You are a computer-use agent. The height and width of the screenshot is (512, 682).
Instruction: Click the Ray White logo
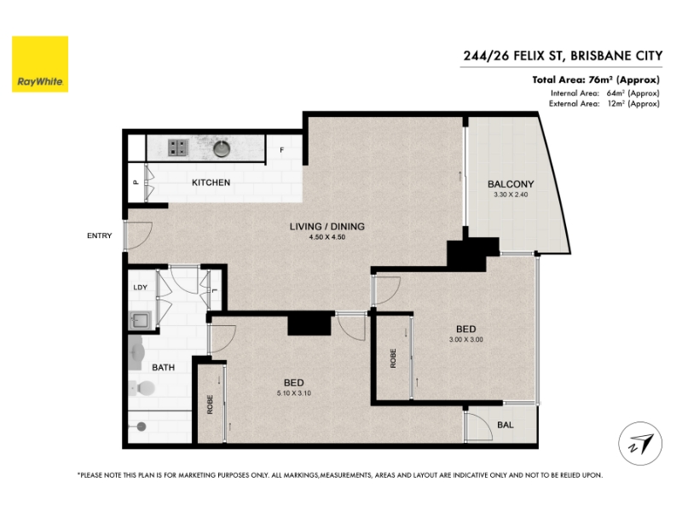pyautogui.click(x=40, y=64)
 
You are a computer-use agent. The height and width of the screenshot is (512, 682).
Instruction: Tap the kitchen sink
pyautogui.click(x=222, y=148)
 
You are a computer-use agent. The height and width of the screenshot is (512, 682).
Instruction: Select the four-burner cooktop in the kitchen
pyautogui.click(x=178, y=148)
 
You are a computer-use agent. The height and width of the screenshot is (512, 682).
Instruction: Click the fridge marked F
pyautogui.click(x=282, y=150)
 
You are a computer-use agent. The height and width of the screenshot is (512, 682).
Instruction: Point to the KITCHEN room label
pyautogui.click(x=211, y=183)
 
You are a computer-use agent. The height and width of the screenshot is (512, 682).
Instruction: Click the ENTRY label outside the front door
pyautogui.click(x=99, y=236)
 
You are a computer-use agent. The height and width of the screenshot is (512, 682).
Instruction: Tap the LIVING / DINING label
pyautogui.click(x=327, y=226)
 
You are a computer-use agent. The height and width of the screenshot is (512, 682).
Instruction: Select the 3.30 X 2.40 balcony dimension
pyautogui.click(x=511, y=195)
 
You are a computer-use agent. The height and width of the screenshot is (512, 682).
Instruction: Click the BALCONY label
pyautogui.click(x=511, y=184)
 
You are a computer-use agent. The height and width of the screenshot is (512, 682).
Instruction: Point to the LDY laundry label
pyautogui.click(x=140, y=288)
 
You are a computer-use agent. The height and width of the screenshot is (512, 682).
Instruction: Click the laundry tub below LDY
pyautogui.click(x=141, y=321)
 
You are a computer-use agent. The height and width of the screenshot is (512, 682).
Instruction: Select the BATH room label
pyautogui.click(x=163, y=368)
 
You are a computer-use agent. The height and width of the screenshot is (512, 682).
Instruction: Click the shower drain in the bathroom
pyautogui.click(x=142, y=427)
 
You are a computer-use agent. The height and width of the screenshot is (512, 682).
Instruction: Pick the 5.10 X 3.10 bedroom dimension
pyautogui.click(x=294, y=393)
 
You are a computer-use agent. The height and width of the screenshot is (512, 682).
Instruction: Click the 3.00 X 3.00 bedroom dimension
pyautogui.click(x=465, y=340)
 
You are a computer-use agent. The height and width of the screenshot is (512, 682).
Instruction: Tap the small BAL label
pyautogui.click(x=505, y=424)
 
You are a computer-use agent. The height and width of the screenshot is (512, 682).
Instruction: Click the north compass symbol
pyautogui.click(x=640, y=444)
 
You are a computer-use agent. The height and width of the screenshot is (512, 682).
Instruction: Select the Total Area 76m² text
pyautogui.click(x=596, y=79)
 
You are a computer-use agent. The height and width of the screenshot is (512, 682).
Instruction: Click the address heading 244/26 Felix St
pyautogui.click(x=563, y=55)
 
